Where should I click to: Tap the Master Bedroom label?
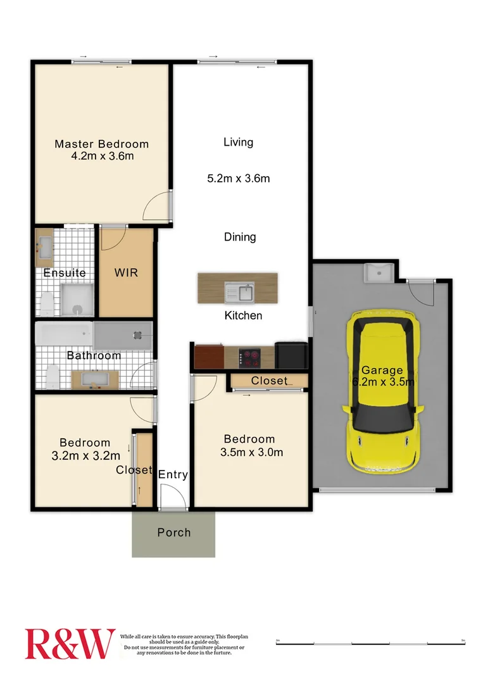click(101, 144)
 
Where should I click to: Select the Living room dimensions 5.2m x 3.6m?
click(239, 179)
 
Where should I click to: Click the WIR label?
click(125, 274)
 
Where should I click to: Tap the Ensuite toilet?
click(46, 304)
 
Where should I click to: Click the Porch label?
click(173, 533)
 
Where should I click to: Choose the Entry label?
click(173, 474)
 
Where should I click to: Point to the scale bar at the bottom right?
click(371, 642)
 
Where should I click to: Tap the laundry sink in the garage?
click(378, 274)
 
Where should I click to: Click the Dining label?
click(240, 237)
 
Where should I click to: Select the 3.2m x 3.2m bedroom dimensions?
click(85, 455)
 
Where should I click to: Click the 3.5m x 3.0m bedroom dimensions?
click(251, 452)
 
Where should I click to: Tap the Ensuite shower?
click(77, 300)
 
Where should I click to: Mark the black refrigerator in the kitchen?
click(291, 356)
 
